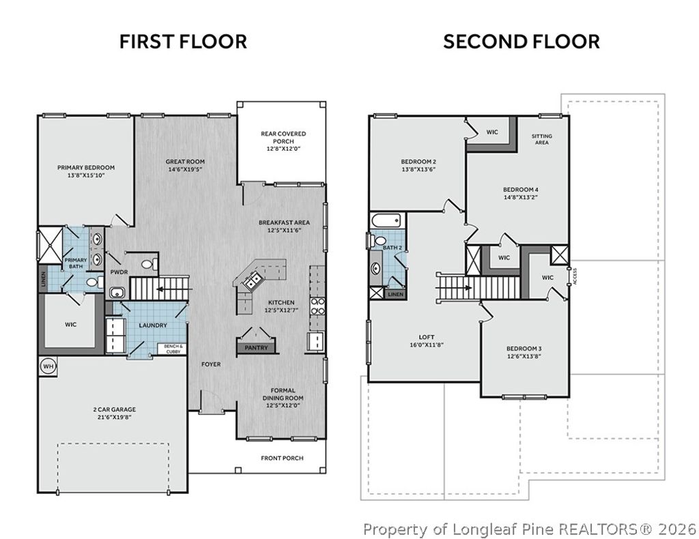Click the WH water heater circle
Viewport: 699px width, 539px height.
coord(48,366)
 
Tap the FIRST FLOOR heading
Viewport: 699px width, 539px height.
coord(183,42)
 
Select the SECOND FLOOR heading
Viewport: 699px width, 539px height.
coord(521,42)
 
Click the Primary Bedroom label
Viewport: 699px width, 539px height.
coord(86,167)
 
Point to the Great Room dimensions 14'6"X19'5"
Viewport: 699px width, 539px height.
coord(185,169)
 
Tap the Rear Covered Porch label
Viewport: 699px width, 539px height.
coord(283,137)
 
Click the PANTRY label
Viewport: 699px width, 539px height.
coord(257,347)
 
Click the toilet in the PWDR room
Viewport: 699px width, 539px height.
coord(149,264)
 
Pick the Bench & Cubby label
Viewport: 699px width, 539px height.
coord(173,349)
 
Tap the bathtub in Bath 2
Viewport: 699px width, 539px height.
coord(386,220)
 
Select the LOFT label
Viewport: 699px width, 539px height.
coord(427,337)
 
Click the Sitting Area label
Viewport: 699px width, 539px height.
coord(541,139)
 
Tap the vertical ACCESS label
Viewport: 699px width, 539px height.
coord(575,276)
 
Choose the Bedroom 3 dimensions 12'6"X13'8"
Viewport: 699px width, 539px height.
coord(524,356)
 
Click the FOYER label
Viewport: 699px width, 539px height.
coord(211,364)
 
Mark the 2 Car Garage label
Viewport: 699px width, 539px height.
coord(115,409)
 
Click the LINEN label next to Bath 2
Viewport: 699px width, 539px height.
coord(395,295)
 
